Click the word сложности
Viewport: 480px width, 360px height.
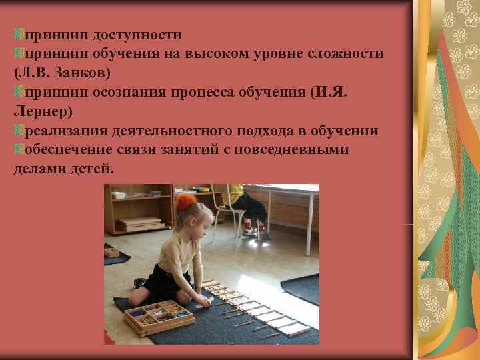347,53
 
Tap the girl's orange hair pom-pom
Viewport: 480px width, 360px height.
186,201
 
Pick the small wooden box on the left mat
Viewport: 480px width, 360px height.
111,253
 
